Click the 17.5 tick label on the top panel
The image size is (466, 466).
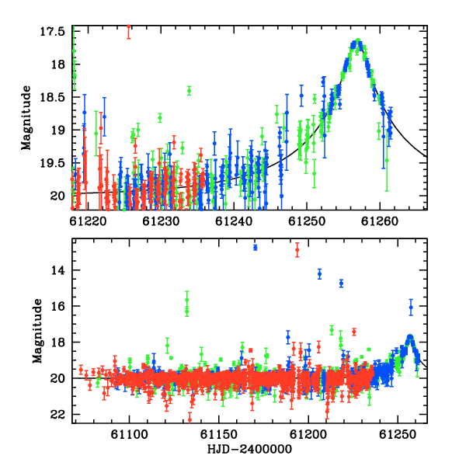point(52,32)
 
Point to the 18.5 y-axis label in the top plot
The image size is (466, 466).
point(52,97)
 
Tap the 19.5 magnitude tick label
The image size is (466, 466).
point(52,163)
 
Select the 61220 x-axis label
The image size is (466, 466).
point(88,221)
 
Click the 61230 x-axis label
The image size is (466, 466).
point(161,221)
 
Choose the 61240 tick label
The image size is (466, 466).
point(234,221)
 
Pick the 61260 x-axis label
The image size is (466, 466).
point(380,221)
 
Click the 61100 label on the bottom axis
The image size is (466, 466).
point(129,434)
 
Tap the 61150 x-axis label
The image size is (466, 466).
point(219,434)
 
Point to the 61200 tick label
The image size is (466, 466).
point(308,434)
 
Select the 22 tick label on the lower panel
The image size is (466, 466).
point(57,414)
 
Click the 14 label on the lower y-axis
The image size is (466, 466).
point(57,270)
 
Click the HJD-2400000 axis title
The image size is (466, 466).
point(249,449)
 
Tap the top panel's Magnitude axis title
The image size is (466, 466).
point(26,118)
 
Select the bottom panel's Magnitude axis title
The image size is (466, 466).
point(37,331)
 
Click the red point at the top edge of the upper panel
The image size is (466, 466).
point(129,26)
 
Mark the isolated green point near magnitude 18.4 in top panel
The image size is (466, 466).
point(189,91)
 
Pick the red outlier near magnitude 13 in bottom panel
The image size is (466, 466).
point(297,249)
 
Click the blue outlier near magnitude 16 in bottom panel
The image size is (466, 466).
point(411,308)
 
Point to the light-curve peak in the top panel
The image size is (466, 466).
point(358,40)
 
